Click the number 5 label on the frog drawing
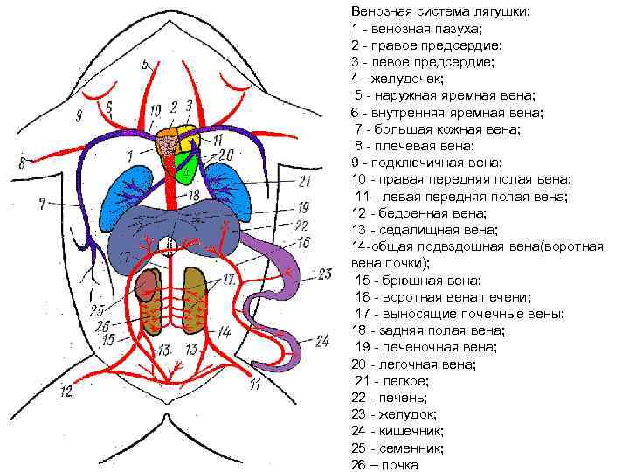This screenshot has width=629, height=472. [x=146, y=64]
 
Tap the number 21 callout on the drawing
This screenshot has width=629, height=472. [x=304, y=182]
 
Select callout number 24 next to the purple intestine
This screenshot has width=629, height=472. [x=321, y=340]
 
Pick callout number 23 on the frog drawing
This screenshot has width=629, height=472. [x=324, y=274]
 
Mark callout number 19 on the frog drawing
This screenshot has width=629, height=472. [x=302, y=208]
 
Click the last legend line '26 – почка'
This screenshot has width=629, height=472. [x=384, y=464]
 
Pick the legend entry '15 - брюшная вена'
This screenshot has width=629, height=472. [x=407, y=281]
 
